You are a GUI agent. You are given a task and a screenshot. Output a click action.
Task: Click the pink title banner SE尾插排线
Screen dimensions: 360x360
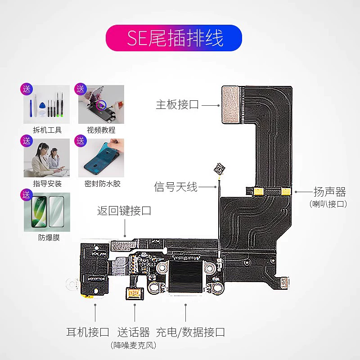coord(174,38)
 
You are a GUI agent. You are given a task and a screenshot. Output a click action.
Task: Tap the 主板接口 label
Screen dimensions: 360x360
coord(177,105)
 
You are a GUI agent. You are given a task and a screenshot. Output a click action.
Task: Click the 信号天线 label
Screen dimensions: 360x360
coord(175,187)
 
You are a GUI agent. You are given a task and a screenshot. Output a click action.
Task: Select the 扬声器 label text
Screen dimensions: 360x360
coord(329,192)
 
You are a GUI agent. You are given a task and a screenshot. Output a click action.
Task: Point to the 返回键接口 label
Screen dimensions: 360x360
coord(124,210)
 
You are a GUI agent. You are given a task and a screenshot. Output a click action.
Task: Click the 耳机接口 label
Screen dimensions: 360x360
coord(88,333)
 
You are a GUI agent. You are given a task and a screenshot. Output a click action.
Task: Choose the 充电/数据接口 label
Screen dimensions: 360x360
coord(190,333)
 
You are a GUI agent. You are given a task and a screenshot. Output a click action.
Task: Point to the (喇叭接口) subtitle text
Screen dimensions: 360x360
coord(329,204)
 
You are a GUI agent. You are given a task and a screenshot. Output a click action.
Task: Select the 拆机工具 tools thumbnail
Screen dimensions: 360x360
coord(47,105)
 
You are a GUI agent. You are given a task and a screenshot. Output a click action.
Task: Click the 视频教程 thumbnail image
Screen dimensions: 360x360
coord(101,105)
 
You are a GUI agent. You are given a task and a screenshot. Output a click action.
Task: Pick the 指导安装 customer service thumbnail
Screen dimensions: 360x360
coord(47,158)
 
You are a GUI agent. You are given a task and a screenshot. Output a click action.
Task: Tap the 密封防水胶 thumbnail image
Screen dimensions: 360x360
coord(101,158)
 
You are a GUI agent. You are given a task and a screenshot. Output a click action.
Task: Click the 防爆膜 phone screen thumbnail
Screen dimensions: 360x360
coord(47,212)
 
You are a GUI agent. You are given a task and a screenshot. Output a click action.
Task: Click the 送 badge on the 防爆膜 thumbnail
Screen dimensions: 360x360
coord(27,195)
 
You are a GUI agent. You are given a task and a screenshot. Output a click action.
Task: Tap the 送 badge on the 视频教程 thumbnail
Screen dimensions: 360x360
coord(81,89)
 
